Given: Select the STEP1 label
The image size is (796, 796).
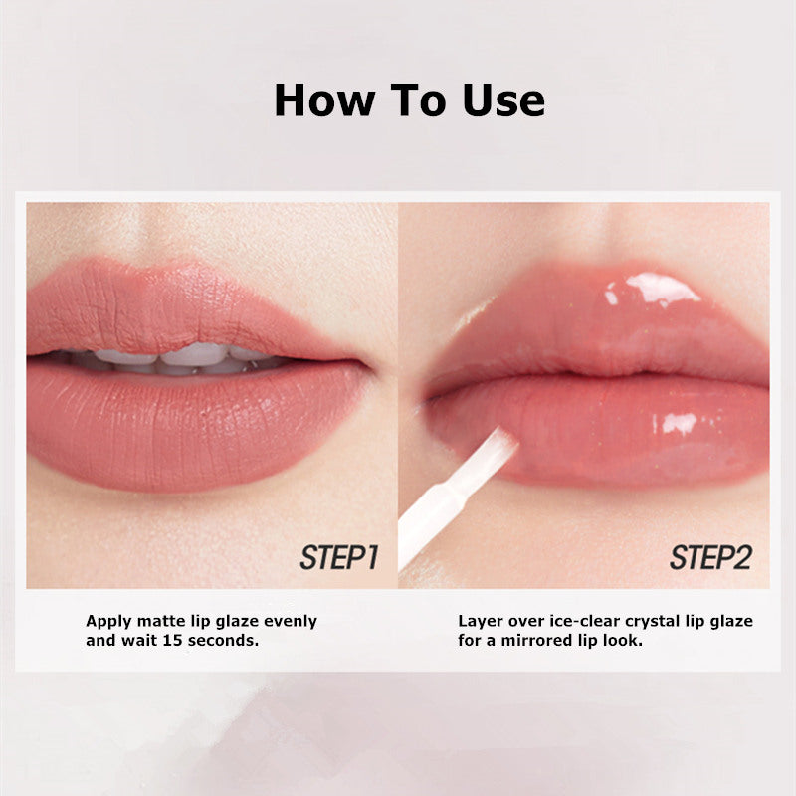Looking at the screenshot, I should click(x=339, y=557).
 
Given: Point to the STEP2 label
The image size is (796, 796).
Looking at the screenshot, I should click(x=709, y=557).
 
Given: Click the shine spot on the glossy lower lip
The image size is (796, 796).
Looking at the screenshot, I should click(x=679, y=422).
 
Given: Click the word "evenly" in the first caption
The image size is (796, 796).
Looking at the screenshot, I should click(x=290, y=621).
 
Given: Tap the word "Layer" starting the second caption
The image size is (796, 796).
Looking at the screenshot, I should click(x=480, y=621).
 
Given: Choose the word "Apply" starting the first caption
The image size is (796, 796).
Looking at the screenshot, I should click(x=107, y=621).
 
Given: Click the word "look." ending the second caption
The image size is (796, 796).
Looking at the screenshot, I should click(x=621, y=641).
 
